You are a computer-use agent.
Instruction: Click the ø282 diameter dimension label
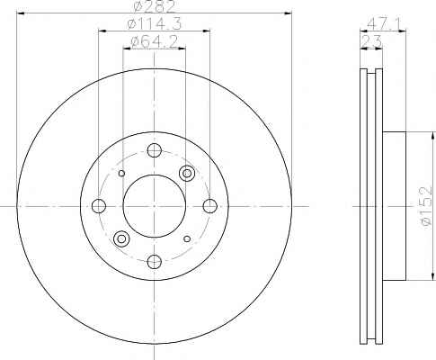pos(154,6)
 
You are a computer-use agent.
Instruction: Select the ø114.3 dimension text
pos(155,24)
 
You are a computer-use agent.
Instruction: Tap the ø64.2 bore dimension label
pos(155,42)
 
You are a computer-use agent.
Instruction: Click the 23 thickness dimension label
pos(371,41)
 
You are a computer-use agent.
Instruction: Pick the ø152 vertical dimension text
pos(426,207)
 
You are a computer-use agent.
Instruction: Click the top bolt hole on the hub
pos(155,150)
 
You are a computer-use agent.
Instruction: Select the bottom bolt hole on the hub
pos(155,262)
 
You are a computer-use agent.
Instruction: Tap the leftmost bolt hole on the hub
pos(99,206)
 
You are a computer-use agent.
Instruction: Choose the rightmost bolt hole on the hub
pos(210,206)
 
